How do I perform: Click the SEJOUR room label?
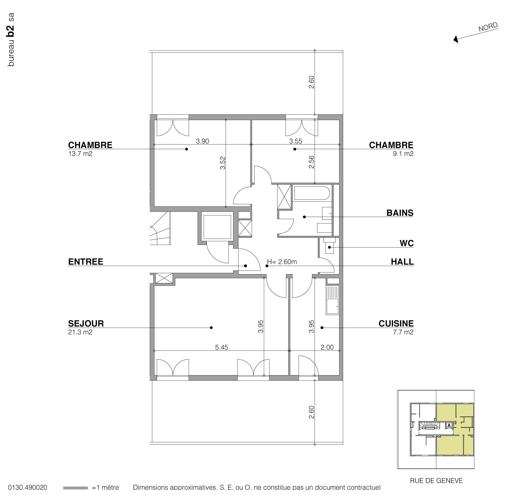click(x=86, y=323)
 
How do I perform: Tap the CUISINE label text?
click(x=396, y=323)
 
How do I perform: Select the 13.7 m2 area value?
click(x=80, y=154)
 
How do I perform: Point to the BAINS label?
click(x=400, y=213)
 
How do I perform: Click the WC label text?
click(x=406, y=243)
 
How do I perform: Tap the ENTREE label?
click(x=85, y=262)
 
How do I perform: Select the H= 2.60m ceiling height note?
click(x=282, y=262)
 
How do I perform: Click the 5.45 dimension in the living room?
click(x=221, y=347)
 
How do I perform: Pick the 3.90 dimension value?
click(x=202, y=141)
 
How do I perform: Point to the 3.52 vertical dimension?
click(x=223, y=163)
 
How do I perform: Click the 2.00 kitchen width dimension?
click(x=327, y=347)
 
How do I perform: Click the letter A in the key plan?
click(x=449, y=426)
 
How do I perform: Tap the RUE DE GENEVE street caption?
click(x=436, y=481)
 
